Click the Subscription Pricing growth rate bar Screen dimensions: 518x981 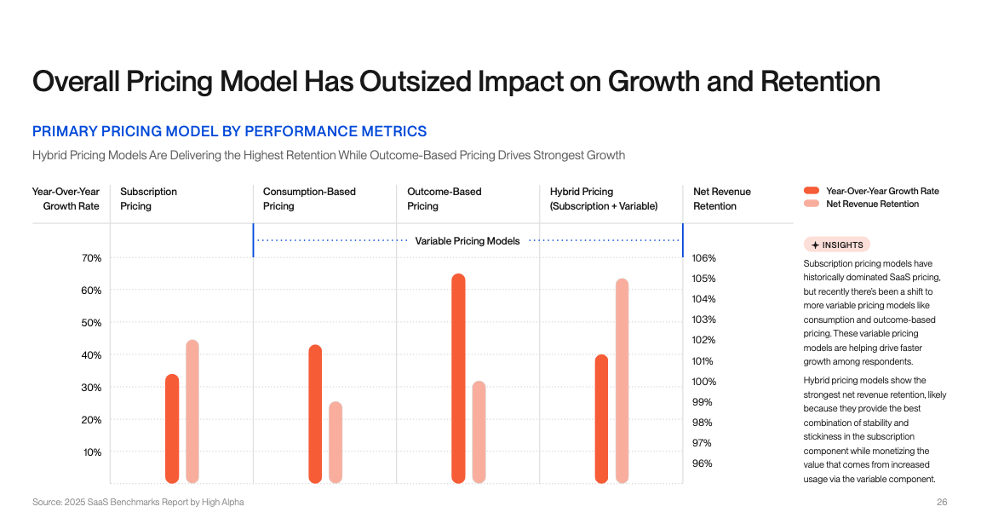pos(172,429)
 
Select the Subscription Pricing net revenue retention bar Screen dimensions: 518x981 pos(192,412)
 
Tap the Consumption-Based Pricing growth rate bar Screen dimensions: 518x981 pos(315,414)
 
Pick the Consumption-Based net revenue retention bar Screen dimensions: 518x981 pos(336,442)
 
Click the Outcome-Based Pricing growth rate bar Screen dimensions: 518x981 pos(458,378)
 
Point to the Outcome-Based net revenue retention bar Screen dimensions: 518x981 pos(479,432)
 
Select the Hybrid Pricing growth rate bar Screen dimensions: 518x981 pos(601,418)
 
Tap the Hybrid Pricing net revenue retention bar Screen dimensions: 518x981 pos(622,381)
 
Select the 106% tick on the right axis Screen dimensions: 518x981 pos(703,258)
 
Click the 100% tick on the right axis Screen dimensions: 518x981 pos(703,382)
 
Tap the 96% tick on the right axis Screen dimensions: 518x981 pos(703,463)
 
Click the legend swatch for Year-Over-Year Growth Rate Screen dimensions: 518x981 pos(811,191)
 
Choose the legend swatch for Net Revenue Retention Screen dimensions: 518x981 pos(811,204)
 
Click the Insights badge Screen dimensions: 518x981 pos(837,245)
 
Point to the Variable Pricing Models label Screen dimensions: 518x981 pos(468,241)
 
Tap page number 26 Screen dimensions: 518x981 pos(942,502)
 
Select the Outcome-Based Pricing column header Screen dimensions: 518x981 pos(444,199)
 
